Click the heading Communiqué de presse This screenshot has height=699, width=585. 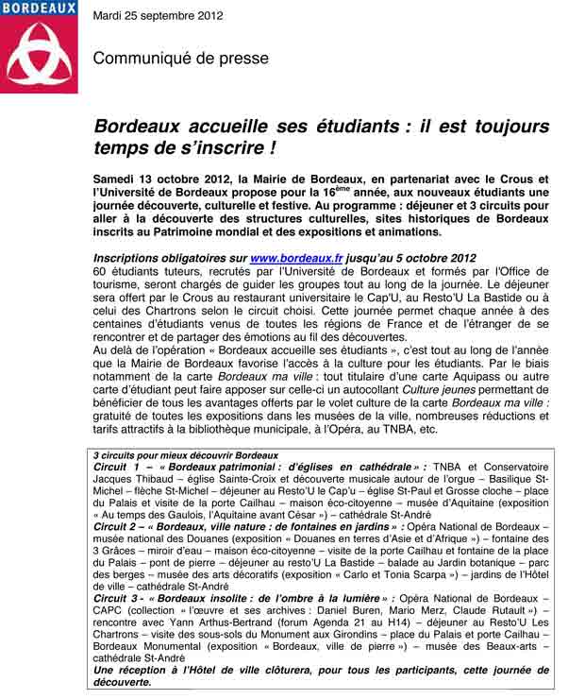(x=180, y=59)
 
